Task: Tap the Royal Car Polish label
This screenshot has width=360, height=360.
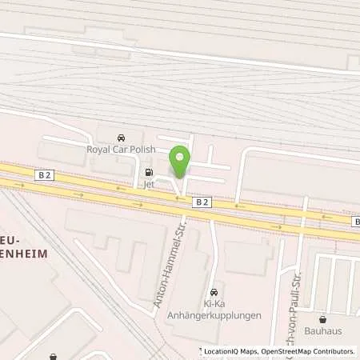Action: click(x=120, y=149)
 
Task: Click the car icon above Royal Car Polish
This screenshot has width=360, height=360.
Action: click(x=121, y=138)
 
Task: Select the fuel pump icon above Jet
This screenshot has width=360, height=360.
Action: click(x=148, y=171)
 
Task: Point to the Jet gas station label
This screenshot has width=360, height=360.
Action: click(x=148, y=182)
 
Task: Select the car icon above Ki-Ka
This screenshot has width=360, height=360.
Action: click(x=213, y=293)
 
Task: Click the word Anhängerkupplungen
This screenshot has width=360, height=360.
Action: click(x=214, y=315)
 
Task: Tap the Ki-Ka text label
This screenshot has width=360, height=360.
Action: click(x=214, y=305)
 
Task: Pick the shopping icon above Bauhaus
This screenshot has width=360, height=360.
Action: click(x=322, y=318)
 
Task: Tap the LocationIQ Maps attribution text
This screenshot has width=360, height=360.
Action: click(x=229, y=351)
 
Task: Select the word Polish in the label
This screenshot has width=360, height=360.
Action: click(x=141, y=149)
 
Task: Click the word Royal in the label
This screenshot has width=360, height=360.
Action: click(x=98, y=149)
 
